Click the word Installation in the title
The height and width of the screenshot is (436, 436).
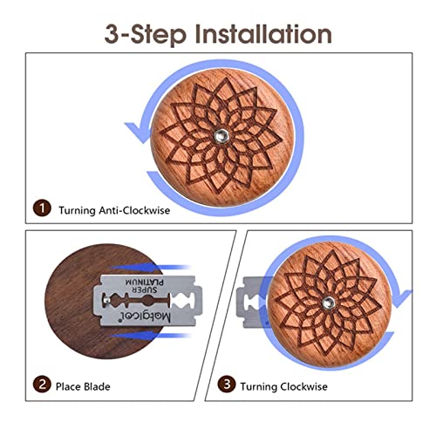[x=263, y=34]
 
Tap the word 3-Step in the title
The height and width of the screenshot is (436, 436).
[x=145, y=35]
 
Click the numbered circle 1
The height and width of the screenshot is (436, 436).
[x=42, y=208]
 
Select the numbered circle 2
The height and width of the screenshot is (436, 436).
[x=42, y=385]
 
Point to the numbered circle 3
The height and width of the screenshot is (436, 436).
[x=227, y=385]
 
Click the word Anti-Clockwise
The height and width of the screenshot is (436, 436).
[x=134, y=210]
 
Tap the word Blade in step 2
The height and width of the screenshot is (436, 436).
[x=97, y=386]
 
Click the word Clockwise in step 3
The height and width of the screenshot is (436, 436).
[x=303, y=386]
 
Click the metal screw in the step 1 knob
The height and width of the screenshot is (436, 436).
[x=221, y=135]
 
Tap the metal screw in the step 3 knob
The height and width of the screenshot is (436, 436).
[x=328, y=303]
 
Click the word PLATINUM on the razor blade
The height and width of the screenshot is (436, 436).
[x=145, y=282]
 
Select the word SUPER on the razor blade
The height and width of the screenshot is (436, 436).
[x=145, y=290]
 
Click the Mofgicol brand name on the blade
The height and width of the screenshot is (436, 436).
[x=146, y=317]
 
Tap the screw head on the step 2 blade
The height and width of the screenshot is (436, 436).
[x=106, y=300]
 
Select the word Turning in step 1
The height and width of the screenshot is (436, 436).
[x=77, y=210]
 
